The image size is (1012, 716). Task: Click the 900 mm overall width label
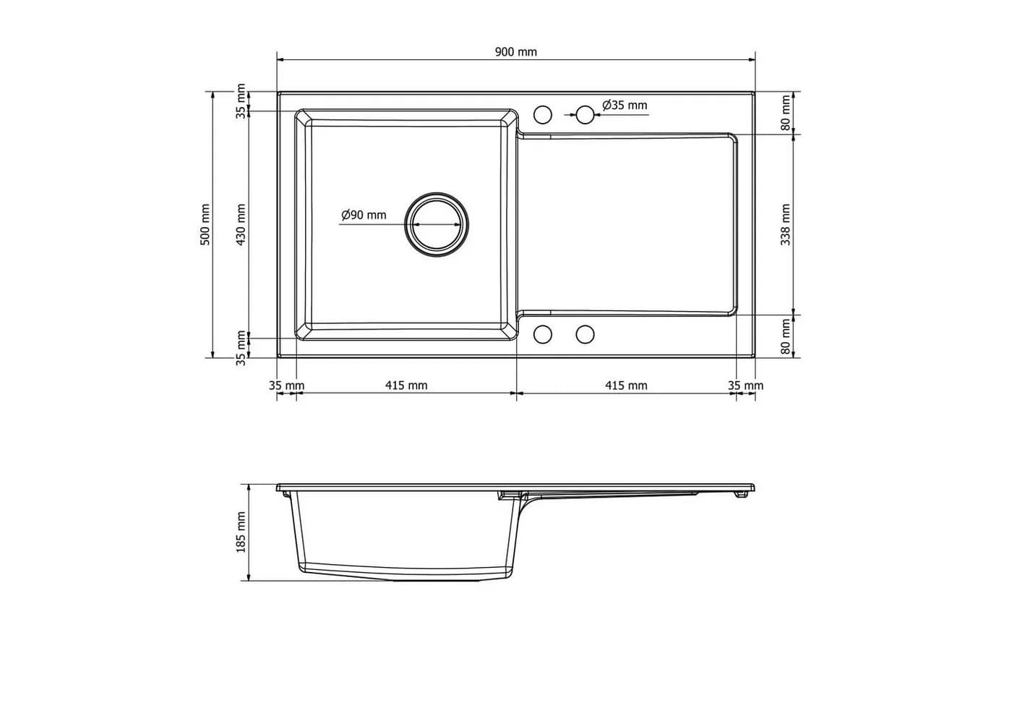coord(516,52)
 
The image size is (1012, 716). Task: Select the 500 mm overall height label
coord(205,225)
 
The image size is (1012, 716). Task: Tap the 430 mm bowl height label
coord(241,225)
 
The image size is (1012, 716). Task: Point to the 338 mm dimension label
coord(786,225)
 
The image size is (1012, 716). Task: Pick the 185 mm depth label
coord(241,532)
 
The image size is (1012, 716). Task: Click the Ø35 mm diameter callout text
coord(625,106)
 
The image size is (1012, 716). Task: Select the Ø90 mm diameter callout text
coord(364,216)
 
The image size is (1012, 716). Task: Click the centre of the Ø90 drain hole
coord(437,225)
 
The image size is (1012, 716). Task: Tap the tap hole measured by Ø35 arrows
coord(585,115)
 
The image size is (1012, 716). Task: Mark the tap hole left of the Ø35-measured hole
coord(543,115)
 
